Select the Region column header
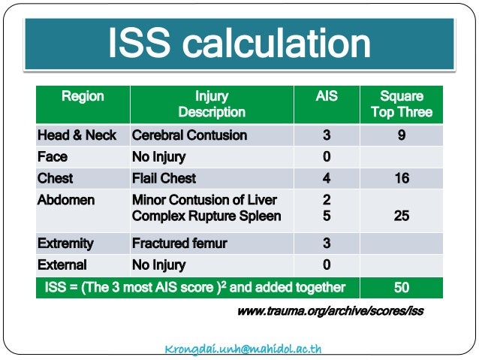click(x=83, y=97)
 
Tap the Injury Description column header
click(x=211, y=104)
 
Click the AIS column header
click(x=327, y=97)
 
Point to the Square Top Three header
click(x=401, y=104)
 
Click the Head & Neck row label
click(x=77, y=135)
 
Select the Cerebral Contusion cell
click(x=189, y=135)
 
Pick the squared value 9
click(x=401, y=135)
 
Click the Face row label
click(x=53, y=157)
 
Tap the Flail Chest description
click(x=164, y=178)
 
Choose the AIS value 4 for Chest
click(x=327, y=178)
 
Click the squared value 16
click(x=401, y=178)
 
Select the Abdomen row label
click(x=65, y=200)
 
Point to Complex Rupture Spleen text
click(x=206, y=216)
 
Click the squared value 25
click(x=401, y=216)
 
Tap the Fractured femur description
click(x=179, y=244)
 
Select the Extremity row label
click(x=65, y=244)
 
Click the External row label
click(x=62, y=265)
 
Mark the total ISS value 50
click(x=401, y=287)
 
